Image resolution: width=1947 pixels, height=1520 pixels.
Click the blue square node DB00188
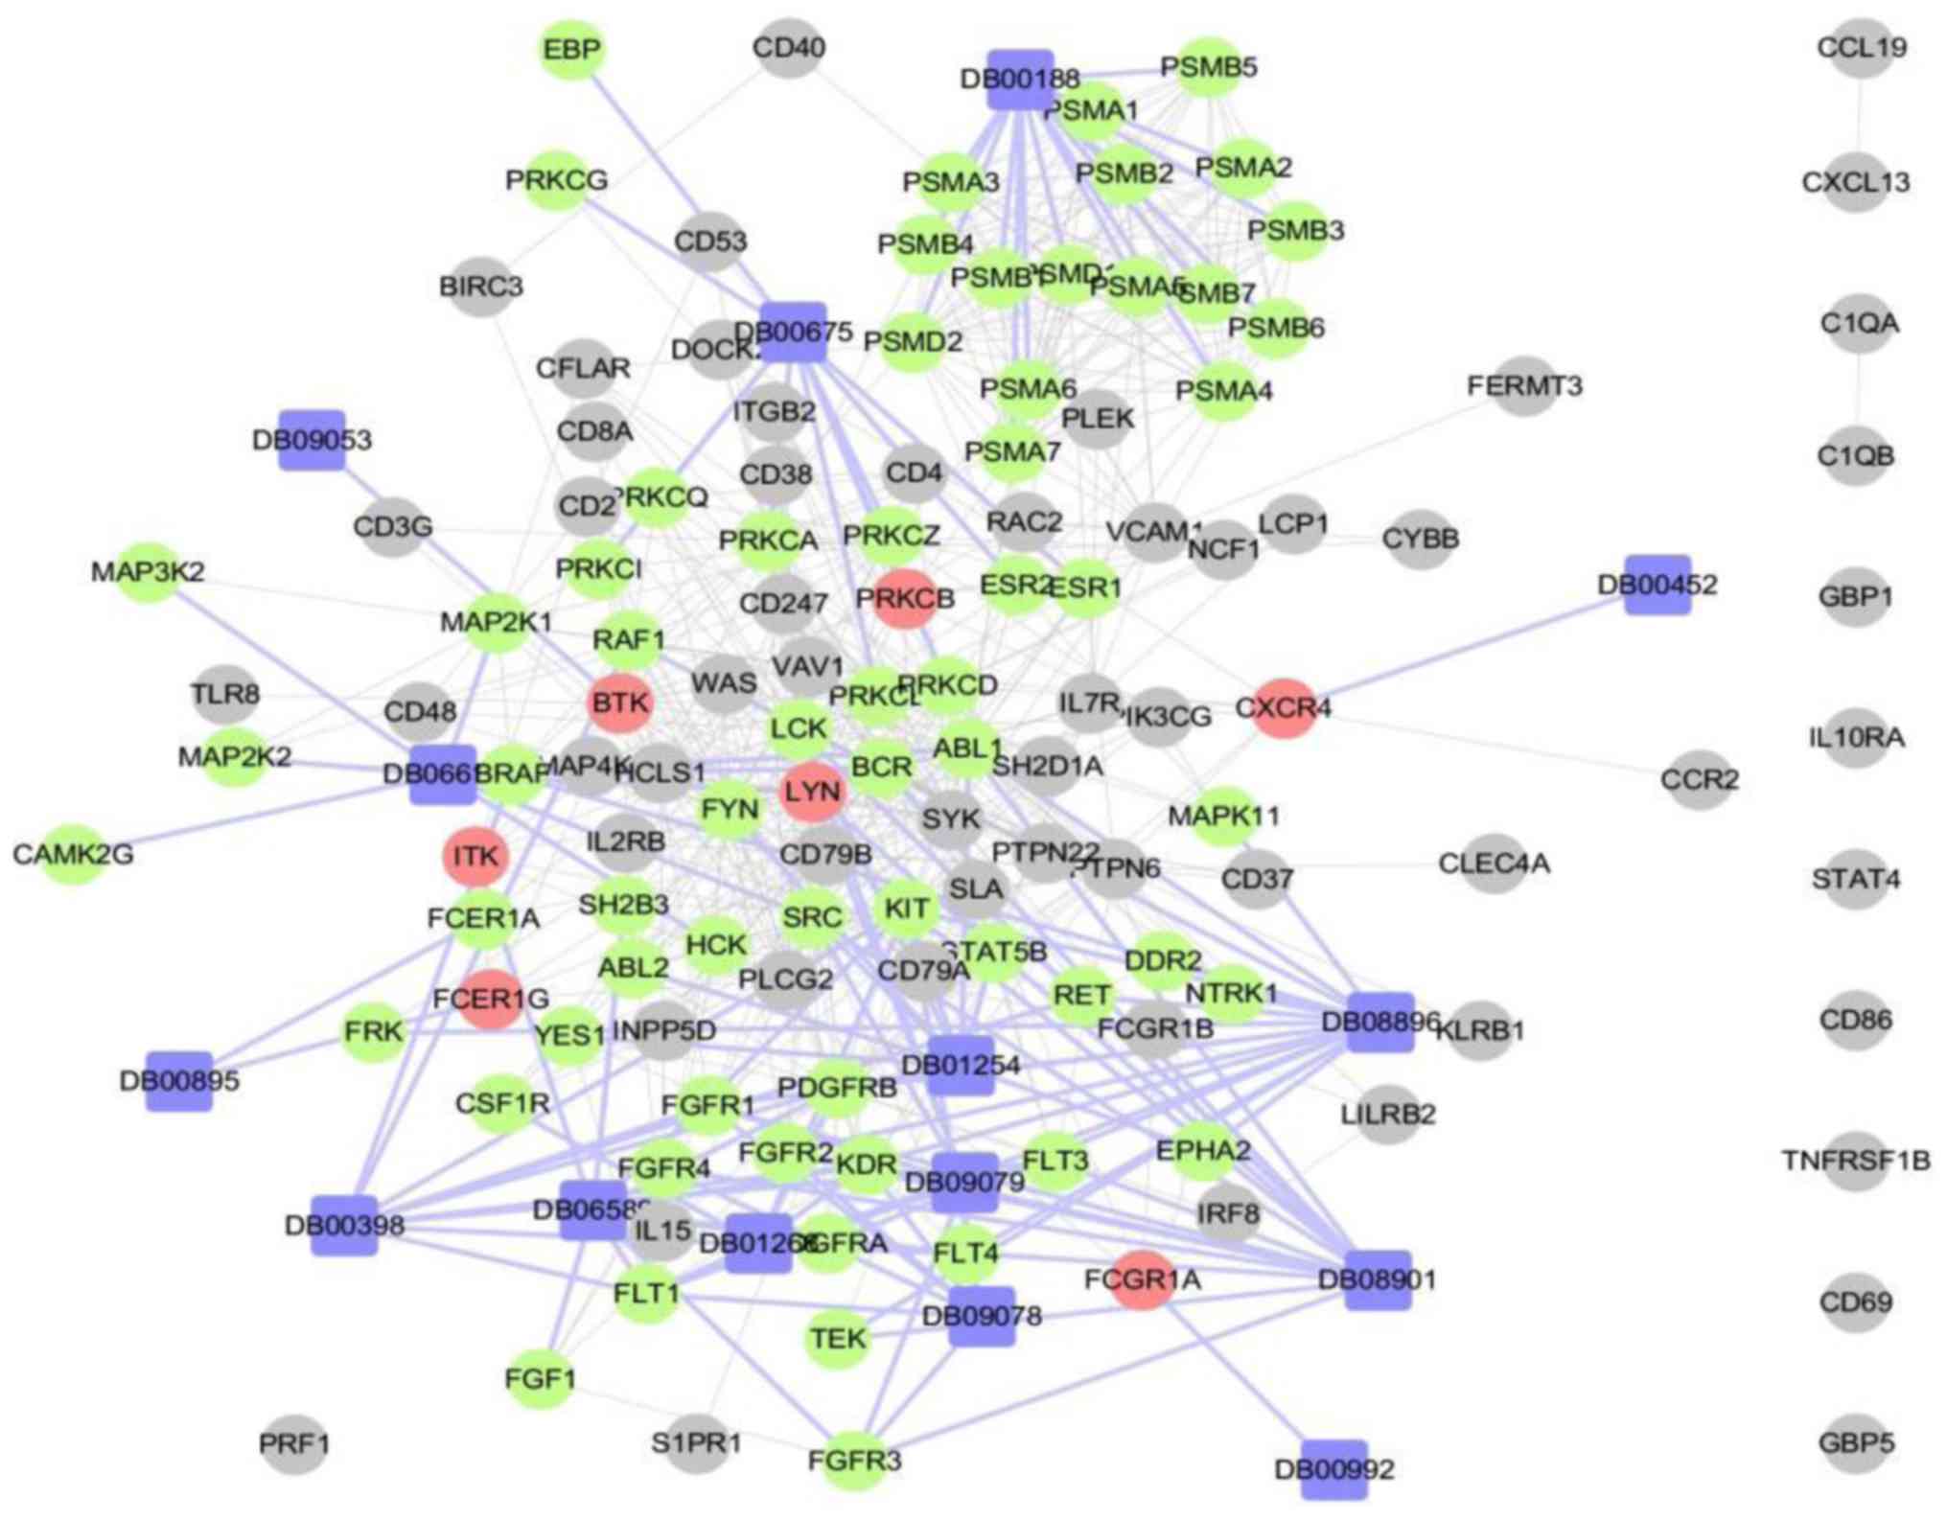pos(1020,79)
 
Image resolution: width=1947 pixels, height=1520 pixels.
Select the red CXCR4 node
pos(1283,708)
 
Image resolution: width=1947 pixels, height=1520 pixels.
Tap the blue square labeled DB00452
pos(1657,584)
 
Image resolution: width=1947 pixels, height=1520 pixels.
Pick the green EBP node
pos(572,49)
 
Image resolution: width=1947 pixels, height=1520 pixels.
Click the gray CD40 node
pos(789,48)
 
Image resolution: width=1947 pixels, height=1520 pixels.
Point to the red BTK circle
pos(620,702)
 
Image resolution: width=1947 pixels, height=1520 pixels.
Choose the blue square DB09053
pos(312,440)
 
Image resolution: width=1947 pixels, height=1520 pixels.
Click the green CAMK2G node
pos(73,853)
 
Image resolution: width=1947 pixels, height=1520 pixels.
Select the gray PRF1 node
pos(294,1442)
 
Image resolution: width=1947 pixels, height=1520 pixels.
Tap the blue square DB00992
pos(1333,1468)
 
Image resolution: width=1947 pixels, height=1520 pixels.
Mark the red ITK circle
pos(475,855)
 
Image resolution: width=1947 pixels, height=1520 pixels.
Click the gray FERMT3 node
pos(1524,386)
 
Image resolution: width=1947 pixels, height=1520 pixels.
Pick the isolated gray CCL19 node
pos(1861,47)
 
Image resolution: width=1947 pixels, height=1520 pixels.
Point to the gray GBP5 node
pos(1856,1442)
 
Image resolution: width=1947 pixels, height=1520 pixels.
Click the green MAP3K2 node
pos(149,572)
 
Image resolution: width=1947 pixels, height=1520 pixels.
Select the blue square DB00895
pos(179,1081)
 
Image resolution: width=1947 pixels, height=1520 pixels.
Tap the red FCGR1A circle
pos(1143,1278)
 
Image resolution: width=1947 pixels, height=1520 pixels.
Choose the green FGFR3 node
pos(854,1460)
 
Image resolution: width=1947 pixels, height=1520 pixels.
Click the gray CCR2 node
pos(1699,779)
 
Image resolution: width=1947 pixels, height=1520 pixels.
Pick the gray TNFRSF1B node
pos(1856,1161)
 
